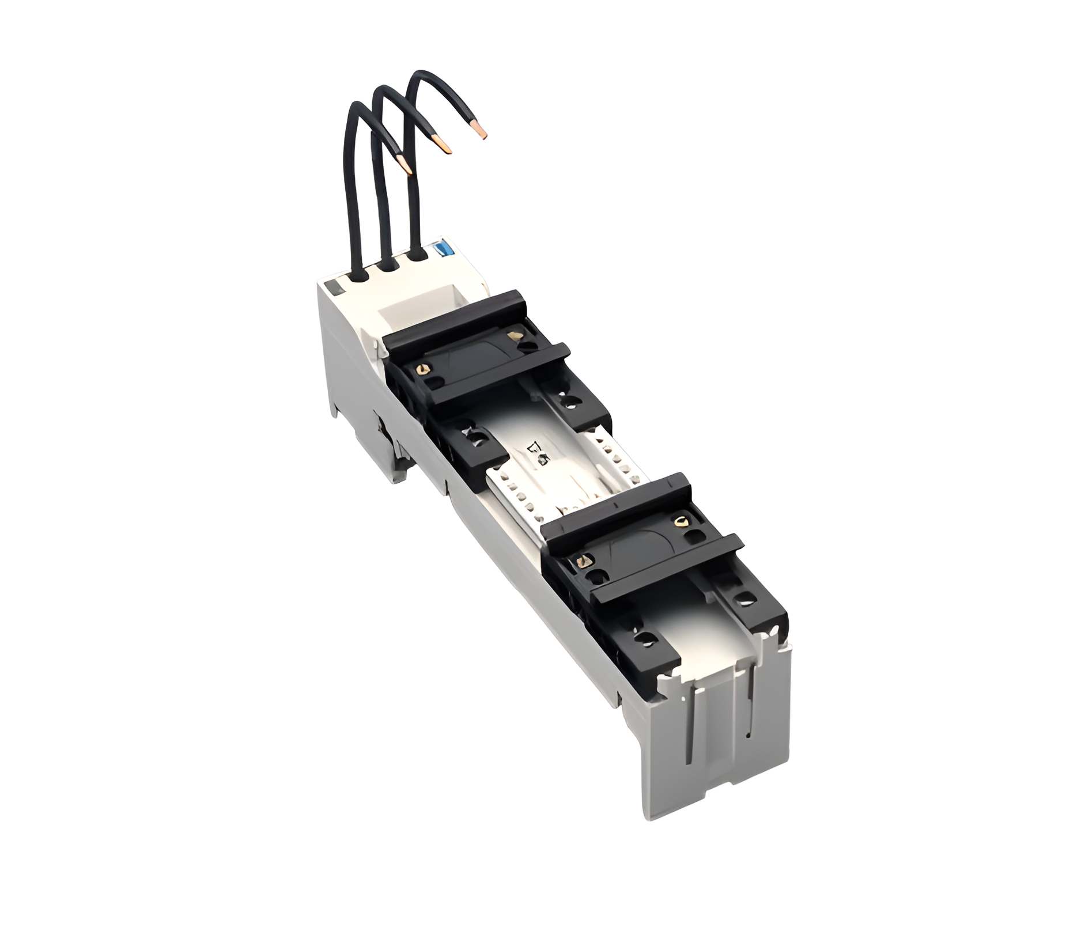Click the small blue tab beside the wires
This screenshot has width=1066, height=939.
click(443, 248)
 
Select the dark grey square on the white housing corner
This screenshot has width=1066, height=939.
click(331, 287)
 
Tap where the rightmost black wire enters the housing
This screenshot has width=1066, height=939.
click(416, 254)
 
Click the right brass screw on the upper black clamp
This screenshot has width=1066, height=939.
click(512, 335)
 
